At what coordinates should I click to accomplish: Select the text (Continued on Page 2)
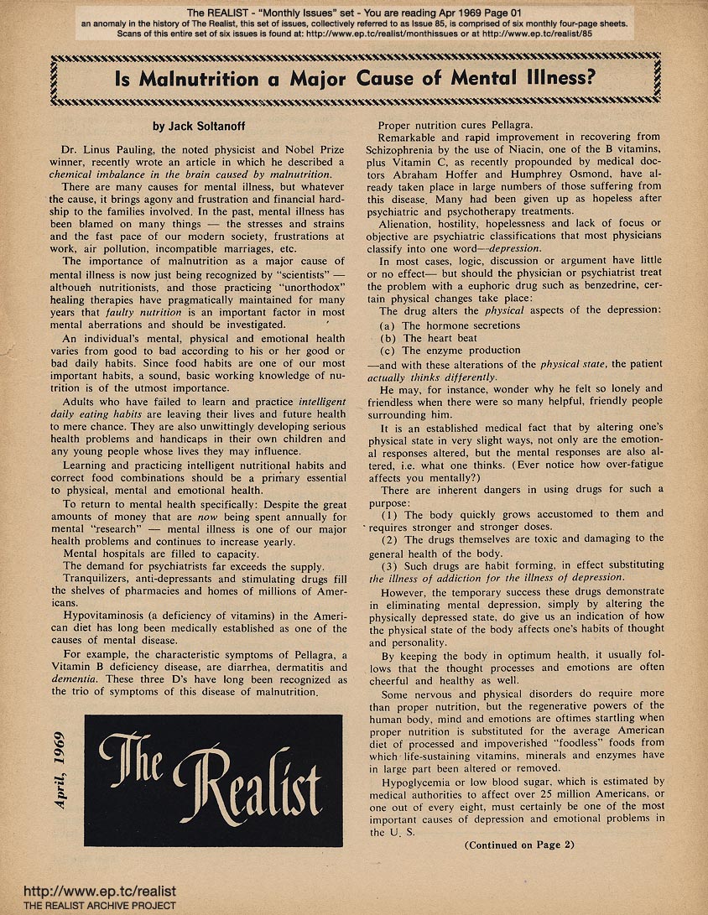tap(520, 845)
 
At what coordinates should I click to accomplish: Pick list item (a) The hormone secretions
tap(450, 325)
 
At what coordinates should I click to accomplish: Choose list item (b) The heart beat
tap(437, 338)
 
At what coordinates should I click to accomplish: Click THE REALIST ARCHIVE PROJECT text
tap(88, 906)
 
